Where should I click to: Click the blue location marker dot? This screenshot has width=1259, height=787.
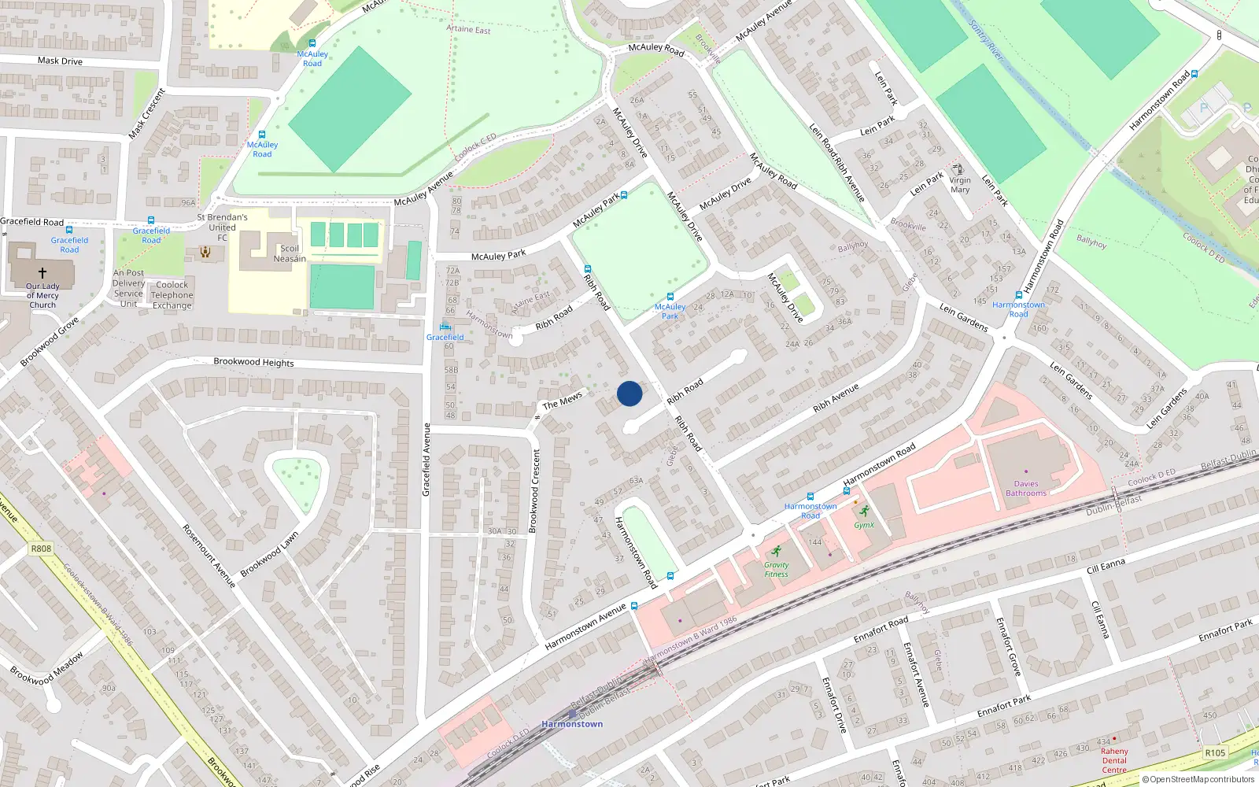pyautogui.click(x=629, y=393)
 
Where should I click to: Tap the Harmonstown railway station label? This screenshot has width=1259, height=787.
pyautogui.click(x=572, y=724)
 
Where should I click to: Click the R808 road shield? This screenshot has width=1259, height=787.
pyautogui.click(x=41, y=549)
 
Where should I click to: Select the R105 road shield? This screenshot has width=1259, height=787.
pyautogui.click(x=1215, y=753)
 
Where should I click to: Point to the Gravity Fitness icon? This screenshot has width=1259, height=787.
pyautogui.click(x=777, y=552)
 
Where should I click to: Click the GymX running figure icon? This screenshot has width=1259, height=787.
pyautogui.click(x=864, y=512)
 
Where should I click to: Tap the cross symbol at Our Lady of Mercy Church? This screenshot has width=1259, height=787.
pyautogui.click(x=42, y=273)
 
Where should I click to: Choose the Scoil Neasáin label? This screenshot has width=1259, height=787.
pyautogui.click(x=290, y=253)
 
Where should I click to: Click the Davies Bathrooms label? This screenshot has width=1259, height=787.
pyautogui.click(x=1026, y=489)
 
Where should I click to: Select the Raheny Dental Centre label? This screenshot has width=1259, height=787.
pyautogui.click(x=1114, y=760)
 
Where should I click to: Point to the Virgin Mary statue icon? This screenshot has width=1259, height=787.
pyautogui.click(x=958, y=169)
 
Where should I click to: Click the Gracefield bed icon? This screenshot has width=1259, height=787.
pyautogui.click(x=445, y=327)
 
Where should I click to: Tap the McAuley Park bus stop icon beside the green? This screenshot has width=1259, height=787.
pyautogui.click(x=670, y=297)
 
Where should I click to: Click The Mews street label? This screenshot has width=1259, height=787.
pyautogui.click(x=562, y=401)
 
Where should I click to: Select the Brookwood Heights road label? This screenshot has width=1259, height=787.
pyautogui.click(x=253, y=362)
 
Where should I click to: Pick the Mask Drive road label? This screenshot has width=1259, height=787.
pyautogui.click(x=60, y=61)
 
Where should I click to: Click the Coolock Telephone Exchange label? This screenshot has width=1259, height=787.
pyautogui.click(x=172, y=295)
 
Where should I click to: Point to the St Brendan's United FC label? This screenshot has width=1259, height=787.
pyautogui.click(x=222, y=227)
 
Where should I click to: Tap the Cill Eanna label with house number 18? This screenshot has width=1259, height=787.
pyautogui.click(x=1105, y=565)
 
